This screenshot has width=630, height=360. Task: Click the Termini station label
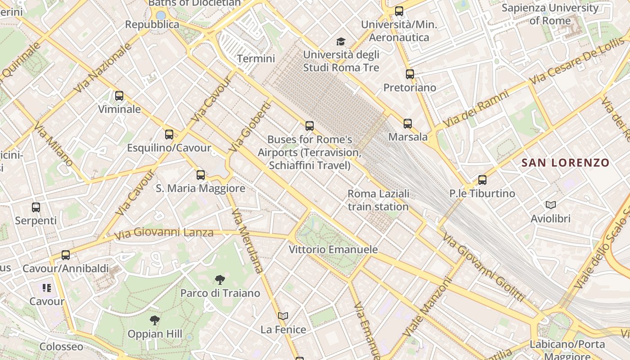(x=256, y=58)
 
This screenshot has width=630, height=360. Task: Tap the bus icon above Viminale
(x=119, y=96)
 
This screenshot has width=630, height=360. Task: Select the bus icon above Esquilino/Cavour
(x=169, y=134)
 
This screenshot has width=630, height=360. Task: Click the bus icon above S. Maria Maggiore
(x=201, y=175)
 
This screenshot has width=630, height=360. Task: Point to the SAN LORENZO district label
(x=565, y=163)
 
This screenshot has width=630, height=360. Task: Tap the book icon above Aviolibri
(x=550, y=205)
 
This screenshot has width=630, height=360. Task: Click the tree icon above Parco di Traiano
(x=220, y=280)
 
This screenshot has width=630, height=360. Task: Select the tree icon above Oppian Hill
(x=155, y=320)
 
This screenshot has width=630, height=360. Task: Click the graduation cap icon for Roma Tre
(x=341, y=41)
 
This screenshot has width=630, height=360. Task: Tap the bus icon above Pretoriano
(x=409, y=74)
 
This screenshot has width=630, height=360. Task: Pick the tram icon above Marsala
(x=408, y=123)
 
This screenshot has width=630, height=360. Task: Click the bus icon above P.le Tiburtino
(x=482, y=180)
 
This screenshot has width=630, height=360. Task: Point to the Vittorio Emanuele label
(x=333, y=249)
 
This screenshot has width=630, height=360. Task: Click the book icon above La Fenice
(x=283, y=316)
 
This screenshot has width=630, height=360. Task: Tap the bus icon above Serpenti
(x=36, y=207)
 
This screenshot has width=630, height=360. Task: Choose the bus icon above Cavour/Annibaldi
(x=66, y=255)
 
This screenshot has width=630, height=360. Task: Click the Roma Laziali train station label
(x=378, y=200)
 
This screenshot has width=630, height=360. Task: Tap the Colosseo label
(x=61, y=346)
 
